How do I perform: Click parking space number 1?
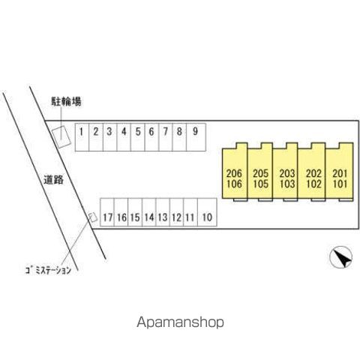coord(82,137)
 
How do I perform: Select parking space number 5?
coord(138,137)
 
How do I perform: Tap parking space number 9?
coord(196,137)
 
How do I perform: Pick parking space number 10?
coord(207,212)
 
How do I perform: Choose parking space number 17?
coord(107,212)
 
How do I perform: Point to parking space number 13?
coord(163,212)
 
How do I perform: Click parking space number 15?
coord(135,212)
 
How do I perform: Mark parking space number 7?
coord(166,137)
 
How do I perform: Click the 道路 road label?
coord(54,180)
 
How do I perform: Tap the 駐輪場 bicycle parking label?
coord(66,101)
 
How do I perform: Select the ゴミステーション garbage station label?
coord(48,270)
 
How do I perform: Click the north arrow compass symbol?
coord(340,257)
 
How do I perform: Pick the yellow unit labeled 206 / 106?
coord(235,172)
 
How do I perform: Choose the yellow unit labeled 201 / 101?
coord(340,172)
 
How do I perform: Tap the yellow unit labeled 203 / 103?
coord(285,172)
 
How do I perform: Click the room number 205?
coord(261,173)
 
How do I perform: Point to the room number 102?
coord(313,184)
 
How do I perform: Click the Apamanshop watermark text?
coord(180,322)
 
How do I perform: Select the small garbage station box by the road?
coord(93,217)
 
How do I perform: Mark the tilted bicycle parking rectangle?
coord(61,136)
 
